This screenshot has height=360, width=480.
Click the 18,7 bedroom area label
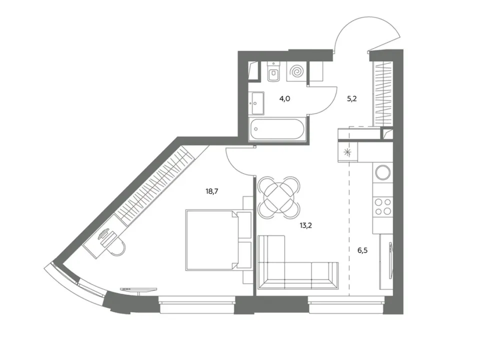click(212, 192)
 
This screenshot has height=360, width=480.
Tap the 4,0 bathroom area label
click(284, 99)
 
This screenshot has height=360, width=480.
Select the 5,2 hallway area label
click(351, 99)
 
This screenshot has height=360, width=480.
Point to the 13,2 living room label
click(306, 226)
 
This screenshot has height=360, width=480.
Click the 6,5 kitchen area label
click(362, 250)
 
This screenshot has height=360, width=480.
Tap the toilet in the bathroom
click(273, 72)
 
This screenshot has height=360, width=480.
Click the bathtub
click(277, 129)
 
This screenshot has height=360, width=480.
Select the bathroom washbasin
click(256, 103)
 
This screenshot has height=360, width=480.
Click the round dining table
click(279, 197)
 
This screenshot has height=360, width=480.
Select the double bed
click(218, 240)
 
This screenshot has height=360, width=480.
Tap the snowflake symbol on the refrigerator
click(347, 152)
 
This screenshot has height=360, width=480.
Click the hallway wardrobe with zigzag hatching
click(382, 93)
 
